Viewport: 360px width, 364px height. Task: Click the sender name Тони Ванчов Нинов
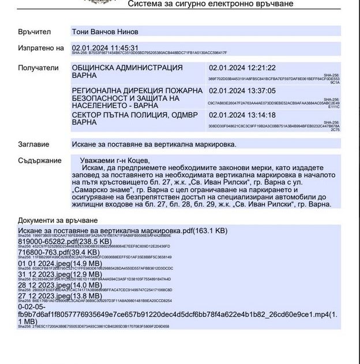[104, 31]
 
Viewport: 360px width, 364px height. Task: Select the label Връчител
[35, 31]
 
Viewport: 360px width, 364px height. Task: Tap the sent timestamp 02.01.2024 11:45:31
[105, 47]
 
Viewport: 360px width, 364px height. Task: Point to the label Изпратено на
[40, 48]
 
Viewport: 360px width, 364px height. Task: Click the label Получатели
[39, 67]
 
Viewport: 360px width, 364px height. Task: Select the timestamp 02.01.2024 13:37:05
[242, 91]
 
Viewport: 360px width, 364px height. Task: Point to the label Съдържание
[40, 160]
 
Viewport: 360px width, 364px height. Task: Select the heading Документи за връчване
[58, 220]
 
